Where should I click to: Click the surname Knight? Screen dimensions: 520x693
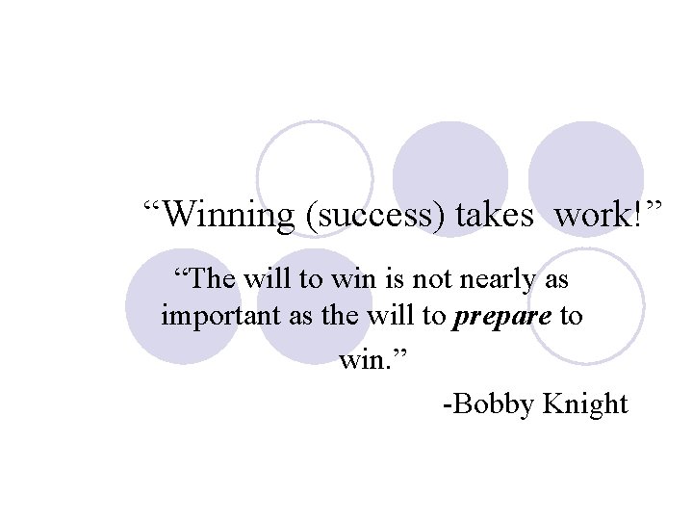point(585,404)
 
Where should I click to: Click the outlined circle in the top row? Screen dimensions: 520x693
point(315,179)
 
